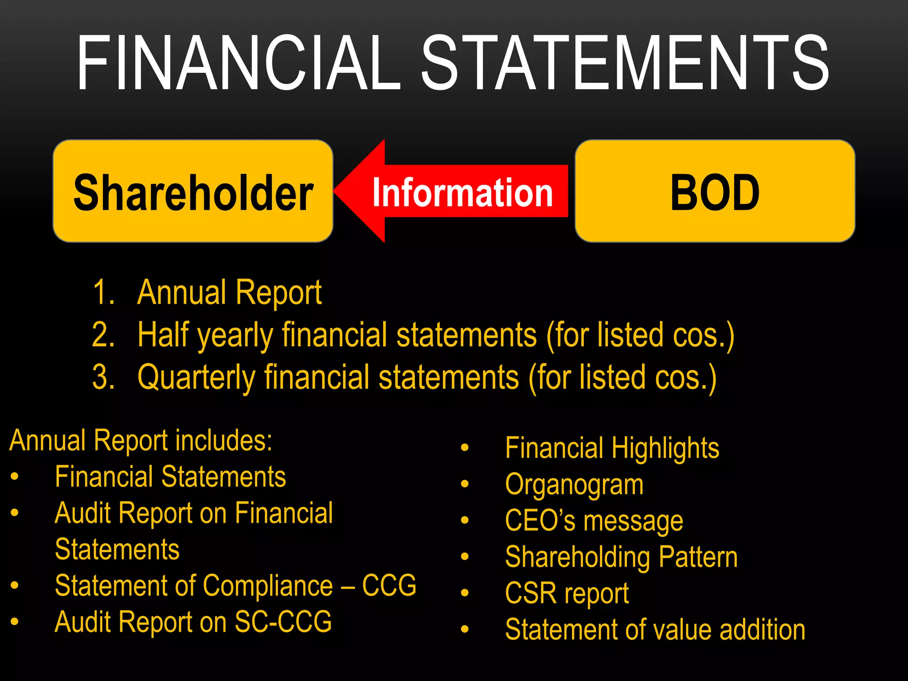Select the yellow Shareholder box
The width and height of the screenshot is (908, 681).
coord(193,191)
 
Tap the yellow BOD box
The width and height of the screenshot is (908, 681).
coord(715,191)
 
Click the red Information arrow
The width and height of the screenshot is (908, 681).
coord(452,192)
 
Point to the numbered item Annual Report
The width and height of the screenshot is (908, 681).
coord(229,293)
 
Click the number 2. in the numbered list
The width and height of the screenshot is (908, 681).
coord(103,335)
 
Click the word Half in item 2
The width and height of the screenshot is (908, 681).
coord(163,335)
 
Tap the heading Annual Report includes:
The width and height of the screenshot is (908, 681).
coord(141,441)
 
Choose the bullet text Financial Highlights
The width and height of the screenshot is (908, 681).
coord(612,448)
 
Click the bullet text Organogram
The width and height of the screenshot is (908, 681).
coord(574,484)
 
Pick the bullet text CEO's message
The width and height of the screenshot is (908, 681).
coord(594,521)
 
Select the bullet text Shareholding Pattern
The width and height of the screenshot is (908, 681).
coord(621,557)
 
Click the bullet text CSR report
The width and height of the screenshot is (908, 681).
coord(567,593)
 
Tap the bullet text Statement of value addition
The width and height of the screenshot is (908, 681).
coord(655,630)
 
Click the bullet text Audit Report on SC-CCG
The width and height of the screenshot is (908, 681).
coord(193,622)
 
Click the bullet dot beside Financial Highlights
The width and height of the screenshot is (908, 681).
coord(464,448)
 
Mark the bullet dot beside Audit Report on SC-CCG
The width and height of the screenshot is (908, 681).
coord(15,622)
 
